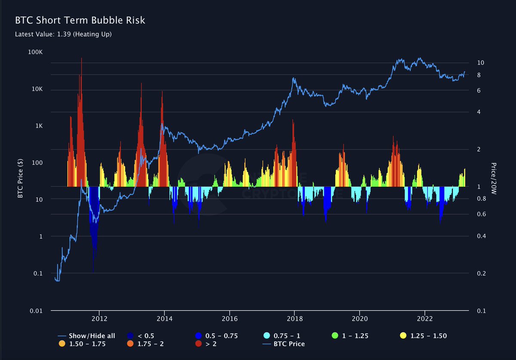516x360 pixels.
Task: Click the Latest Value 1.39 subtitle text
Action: tap(63, 34)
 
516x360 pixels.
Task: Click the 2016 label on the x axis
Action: tap(230, 318)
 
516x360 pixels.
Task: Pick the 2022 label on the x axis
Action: tap(425, 318)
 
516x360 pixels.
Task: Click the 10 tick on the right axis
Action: tap(481, 63)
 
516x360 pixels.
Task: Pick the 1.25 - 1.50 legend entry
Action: tap(428, 335)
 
